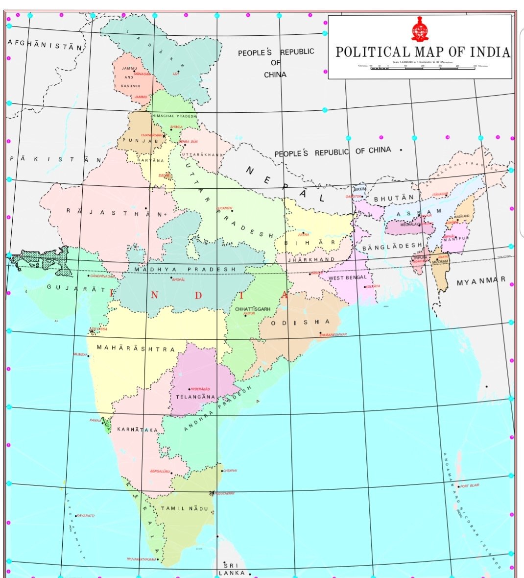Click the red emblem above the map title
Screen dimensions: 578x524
419,29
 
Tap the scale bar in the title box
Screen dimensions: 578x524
423,69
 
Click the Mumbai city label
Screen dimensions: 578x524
80,354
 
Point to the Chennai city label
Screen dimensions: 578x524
230,471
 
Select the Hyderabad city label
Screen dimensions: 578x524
200,389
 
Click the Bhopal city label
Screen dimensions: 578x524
179,279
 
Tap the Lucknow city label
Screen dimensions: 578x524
225,208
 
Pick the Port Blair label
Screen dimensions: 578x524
470,486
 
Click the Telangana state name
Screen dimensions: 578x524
195,397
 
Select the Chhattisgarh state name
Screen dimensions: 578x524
253,309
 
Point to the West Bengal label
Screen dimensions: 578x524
347,278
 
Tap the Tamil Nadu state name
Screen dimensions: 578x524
185,508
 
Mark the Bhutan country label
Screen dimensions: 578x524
394,199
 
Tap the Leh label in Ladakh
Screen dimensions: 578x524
176,74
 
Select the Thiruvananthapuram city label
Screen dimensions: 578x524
141,559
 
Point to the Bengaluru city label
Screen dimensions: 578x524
160,471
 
